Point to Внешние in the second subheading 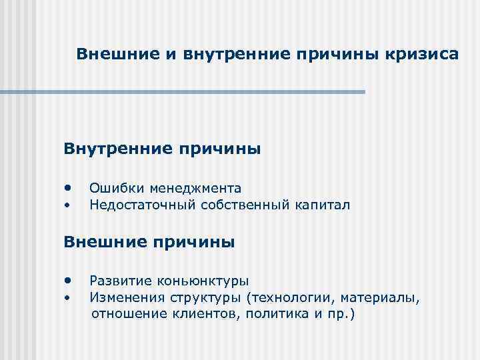106,242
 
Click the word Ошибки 117,189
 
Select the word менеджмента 195,189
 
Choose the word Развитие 121,283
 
